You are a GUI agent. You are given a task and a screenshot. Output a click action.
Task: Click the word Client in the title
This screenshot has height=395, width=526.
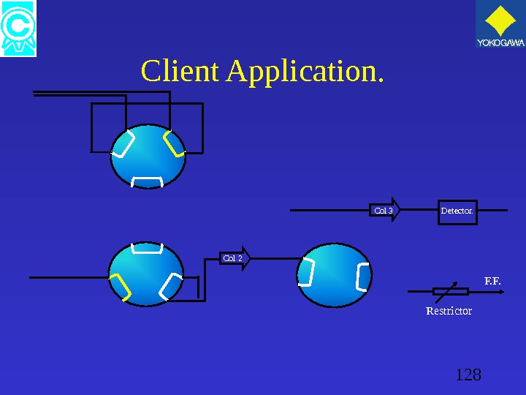click(180, 72)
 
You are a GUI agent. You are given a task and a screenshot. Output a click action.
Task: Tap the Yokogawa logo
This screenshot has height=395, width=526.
click(500, 27)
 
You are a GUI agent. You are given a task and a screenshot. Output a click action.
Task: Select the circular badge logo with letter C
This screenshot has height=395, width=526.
click(18, 29)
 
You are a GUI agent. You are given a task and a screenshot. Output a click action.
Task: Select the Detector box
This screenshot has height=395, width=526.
click(457, 211)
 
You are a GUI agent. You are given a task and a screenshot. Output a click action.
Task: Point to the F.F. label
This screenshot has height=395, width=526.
click(493, 280)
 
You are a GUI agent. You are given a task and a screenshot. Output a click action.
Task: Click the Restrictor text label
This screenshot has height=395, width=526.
click(449, 311)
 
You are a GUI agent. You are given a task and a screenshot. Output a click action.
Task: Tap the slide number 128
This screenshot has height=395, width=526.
click(468, 375)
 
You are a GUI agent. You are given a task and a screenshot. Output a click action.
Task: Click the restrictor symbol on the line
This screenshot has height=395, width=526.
click(450, 291)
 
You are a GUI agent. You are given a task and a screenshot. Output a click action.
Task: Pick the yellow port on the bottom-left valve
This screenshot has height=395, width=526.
click(121, 287)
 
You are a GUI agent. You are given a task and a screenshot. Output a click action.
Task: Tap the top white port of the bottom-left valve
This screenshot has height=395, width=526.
click(149, 248)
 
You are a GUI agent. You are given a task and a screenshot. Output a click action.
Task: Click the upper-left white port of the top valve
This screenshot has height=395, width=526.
click(123, 144)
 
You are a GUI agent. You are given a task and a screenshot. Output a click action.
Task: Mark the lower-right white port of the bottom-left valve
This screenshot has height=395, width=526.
click(171, 286)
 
